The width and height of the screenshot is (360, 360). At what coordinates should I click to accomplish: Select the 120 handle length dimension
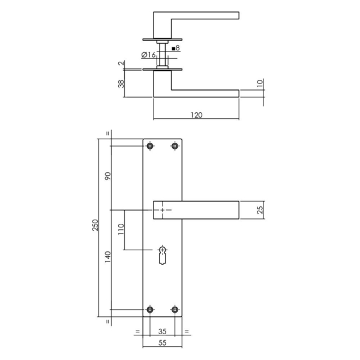click(196, 114)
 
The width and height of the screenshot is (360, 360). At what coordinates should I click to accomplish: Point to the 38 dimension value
click(122, 83)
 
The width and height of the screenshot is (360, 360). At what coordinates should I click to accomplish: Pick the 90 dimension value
click(108, 176)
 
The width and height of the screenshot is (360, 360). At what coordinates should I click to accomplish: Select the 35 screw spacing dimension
click(162, 331)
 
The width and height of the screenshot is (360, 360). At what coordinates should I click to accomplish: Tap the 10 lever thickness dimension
click(260, 83)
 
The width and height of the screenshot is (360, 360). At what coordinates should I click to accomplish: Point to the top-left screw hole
click(149, 145)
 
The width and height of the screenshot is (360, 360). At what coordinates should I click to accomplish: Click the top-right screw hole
click(175, 145)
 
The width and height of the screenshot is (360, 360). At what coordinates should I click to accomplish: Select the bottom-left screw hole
click(149, 310)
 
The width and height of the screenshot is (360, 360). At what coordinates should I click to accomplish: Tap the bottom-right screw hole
click(175, 310)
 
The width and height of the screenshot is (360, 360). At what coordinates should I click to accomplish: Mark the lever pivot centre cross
click(162, 210)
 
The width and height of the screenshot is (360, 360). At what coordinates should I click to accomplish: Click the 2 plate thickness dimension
click(122, 64)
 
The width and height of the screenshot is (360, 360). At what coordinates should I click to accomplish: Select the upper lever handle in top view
click(204, 16)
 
